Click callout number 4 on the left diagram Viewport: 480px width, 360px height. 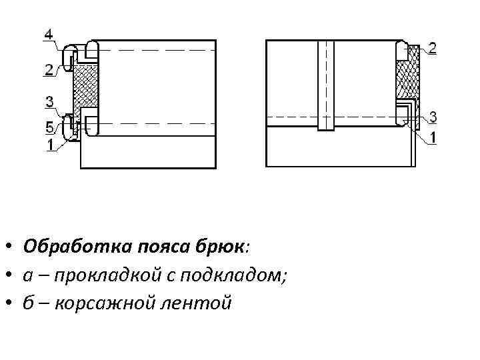click(x=50, y=34)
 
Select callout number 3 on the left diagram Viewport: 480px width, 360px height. click(x=50, y=101)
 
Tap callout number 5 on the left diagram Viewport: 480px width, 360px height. click(x=50, y=127)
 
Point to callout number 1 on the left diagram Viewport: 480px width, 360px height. click(x=50, y=142)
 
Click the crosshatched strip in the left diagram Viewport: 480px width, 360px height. click(x=85, y=85)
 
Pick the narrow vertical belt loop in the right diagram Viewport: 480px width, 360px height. click(x=325, y=85)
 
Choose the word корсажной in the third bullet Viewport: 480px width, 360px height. click(x=109, y=304)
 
